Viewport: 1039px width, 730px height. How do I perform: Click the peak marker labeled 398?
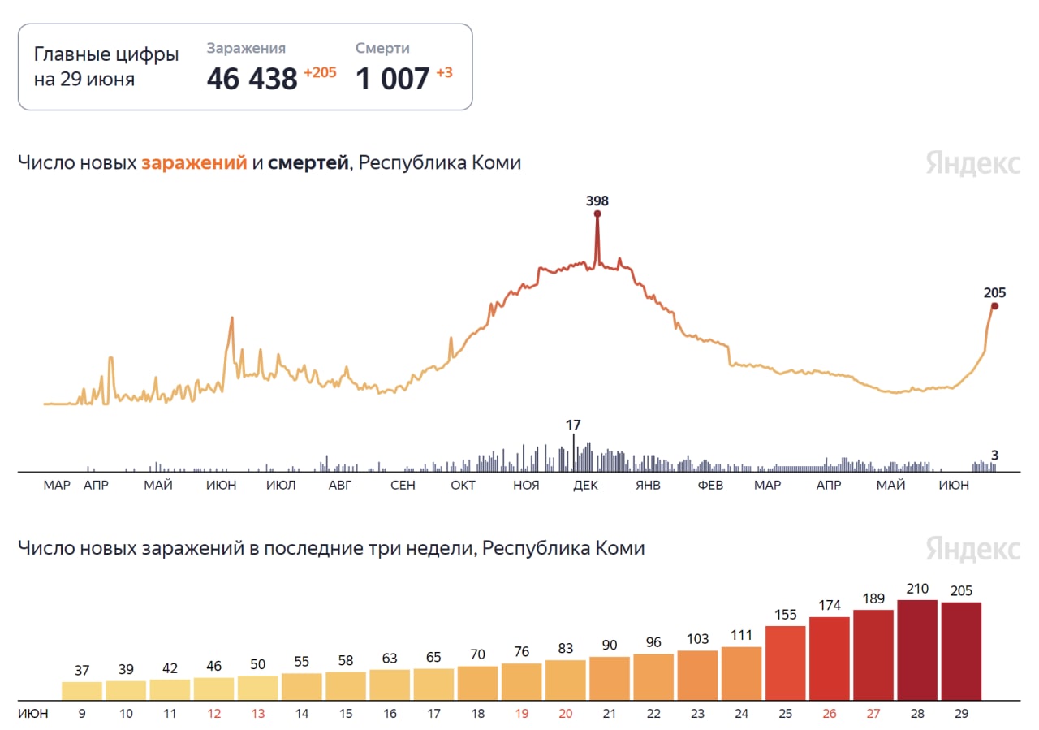(x=597, y=214)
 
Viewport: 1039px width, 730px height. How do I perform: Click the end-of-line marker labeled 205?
(x=994, y=306)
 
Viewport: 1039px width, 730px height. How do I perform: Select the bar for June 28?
(x=917, y=650)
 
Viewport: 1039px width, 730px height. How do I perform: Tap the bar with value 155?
(x=785, y=663)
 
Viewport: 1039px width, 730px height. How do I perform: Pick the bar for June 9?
(x=82, y=690)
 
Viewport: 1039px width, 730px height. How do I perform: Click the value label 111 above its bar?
(x=741, y=635)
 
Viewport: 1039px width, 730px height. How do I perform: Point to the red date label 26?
(x=830, y=714)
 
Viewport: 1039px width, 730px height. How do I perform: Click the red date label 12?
(x=214, y=714)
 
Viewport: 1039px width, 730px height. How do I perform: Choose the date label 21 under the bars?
(x=610, y=714)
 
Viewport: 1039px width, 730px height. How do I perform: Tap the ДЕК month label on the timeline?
(x=585, y=486)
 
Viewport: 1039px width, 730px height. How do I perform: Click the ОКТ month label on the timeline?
(x=463, y=486)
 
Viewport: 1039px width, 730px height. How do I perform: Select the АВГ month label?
(x=340, y=486)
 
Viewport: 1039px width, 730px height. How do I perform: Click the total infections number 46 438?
(x=252, y=79)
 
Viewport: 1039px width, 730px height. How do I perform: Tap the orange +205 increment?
(x=320, y=73)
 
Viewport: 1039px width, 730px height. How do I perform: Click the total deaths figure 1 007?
(x=393, y=79)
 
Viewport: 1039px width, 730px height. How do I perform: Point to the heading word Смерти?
(x=382, y=49)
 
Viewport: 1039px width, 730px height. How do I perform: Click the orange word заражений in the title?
(x=194, y=162)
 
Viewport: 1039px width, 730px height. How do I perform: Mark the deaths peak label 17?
(x=573, y=425)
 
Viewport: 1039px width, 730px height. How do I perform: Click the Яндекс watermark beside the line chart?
(x=972, y=162)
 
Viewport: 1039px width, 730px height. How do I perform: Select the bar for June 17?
(x=433, y=684)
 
